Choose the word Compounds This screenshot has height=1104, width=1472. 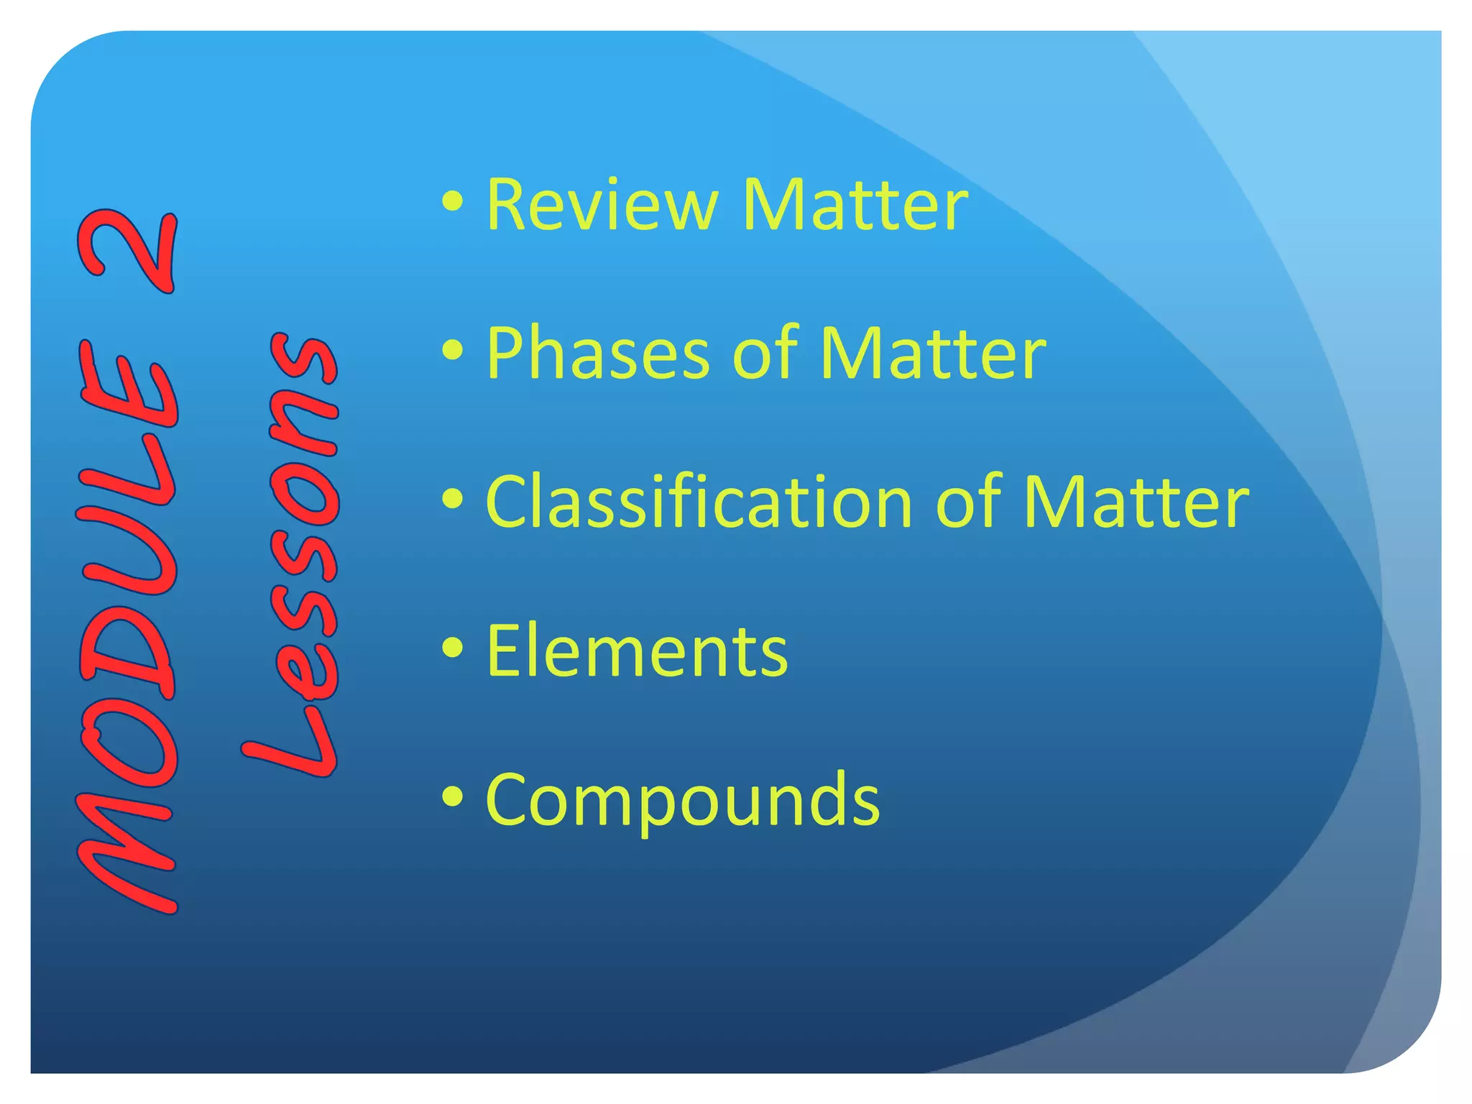[682, 800]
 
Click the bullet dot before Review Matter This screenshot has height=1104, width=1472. [453, 202]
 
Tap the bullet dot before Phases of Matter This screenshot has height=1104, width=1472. [453, 350]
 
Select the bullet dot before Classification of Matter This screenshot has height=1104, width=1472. [453, 499]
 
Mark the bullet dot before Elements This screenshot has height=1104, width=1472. [453, 648]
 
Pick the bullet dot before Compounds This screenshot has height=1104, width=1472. [453, 796]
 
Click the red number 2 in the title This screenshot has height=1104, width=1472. [129, 252]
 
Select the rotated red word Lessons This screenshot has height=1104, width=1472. [302, 553]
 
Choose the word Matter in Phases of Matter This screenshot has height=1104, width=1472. [932, 354]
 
